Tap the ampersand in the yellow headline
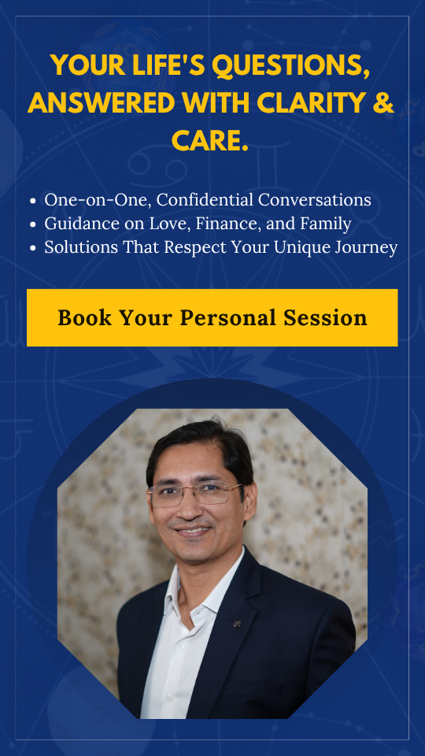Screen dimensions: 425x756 384,102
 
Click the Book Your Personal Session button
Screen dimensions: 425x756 212,317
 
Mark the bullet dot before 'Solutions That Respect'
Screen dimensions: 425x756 33,249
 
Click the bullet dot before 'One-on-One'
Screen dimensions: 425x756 33,201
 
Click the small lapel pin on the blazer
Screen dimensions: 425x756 237,624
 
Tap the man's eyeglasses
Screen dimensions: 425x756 195,495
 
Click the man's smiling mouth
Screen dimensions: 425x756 194,531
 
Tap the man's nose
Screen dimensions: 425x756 192,510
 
